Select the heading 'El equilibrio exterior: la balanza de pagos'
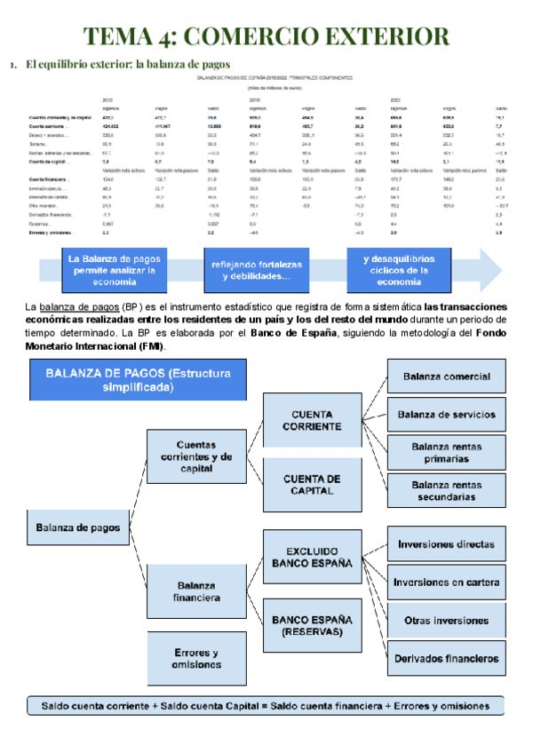(x=128, y=65)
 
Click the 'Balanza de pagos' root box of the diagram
(x=78, y=527)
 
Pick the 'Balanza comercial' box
(x=446, y=377)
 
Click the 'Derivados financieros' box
(x=446, y=659)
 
